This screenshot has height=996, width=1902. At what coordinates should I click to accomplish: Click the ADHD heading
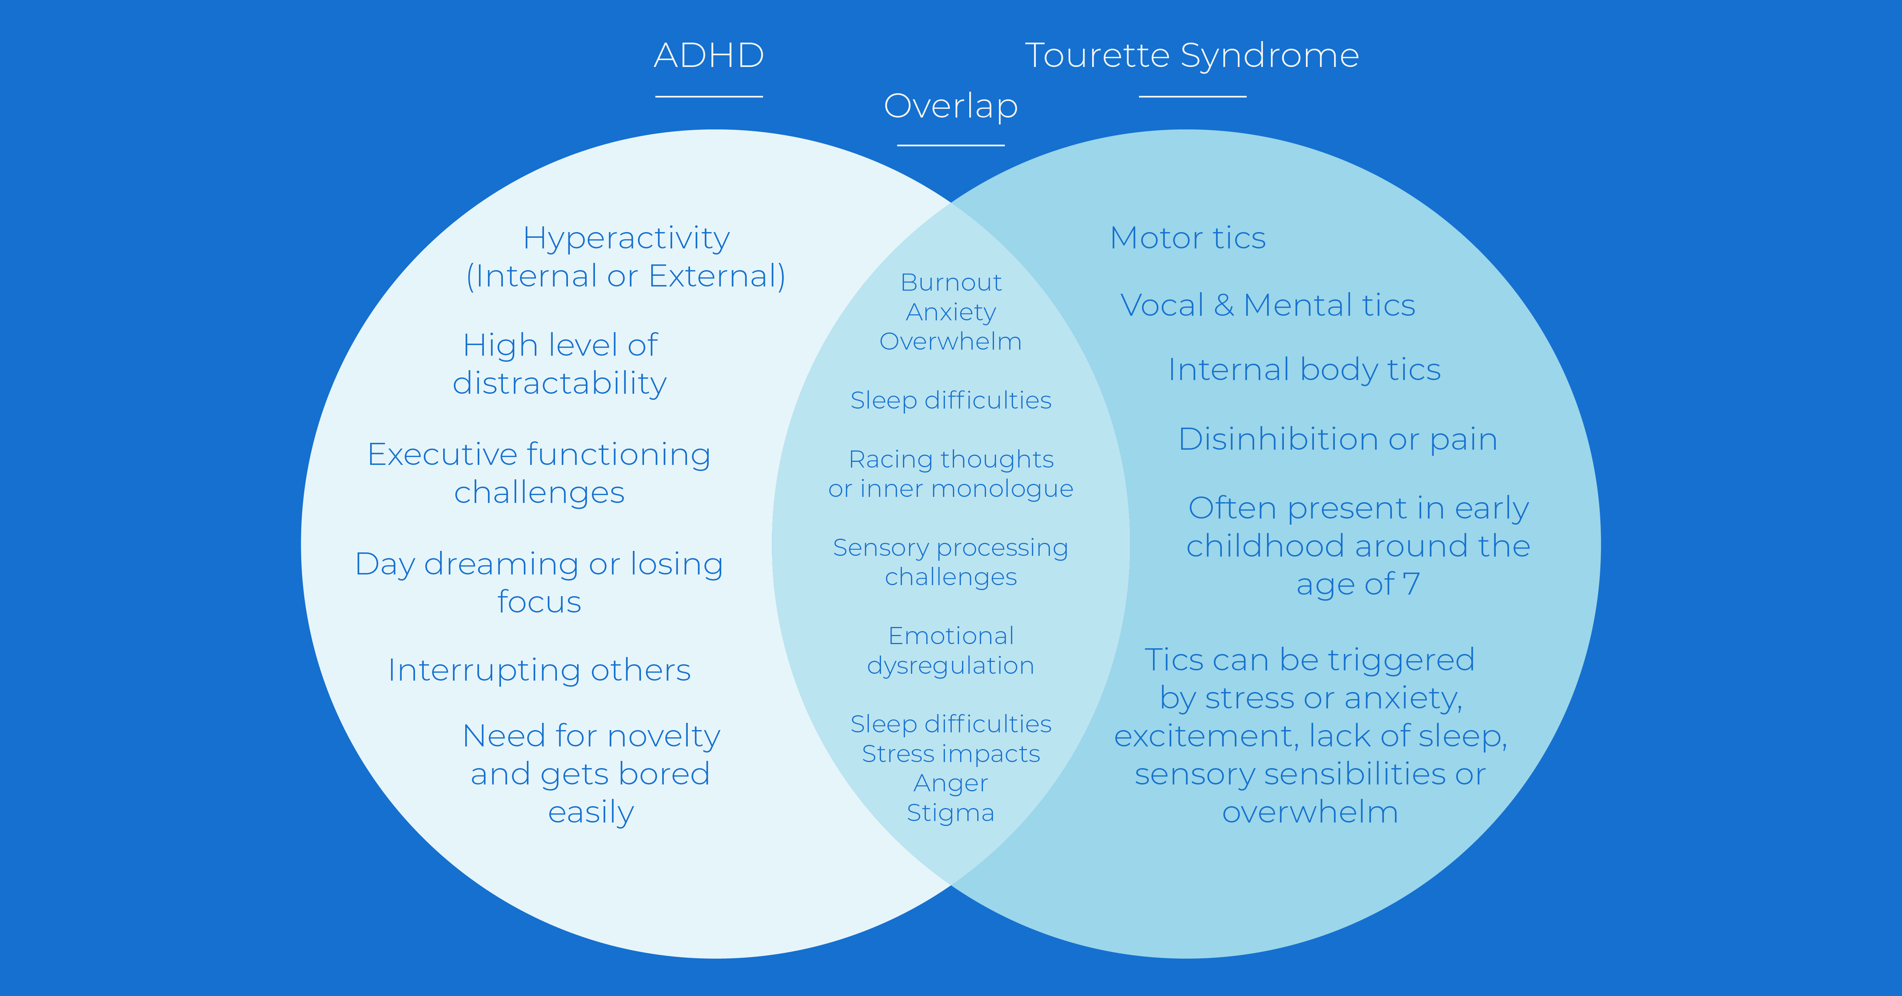(x=709, y=56)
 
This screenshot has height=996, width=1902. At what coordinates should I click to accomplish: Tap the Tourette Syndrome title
(x=1192, y=56)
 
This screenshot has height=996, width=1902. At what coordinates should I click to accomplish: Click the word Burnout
(x=951, y=282)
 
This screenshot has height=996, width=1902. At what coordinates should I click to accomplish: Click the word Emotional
(x=951, y=636)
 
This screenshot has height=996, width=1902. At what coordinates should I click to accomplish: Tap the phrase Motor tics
(x=1188, y=239)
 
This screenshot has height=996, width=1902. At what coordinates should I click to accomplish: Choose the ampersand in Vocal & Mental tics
(x=1223, y=305)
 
